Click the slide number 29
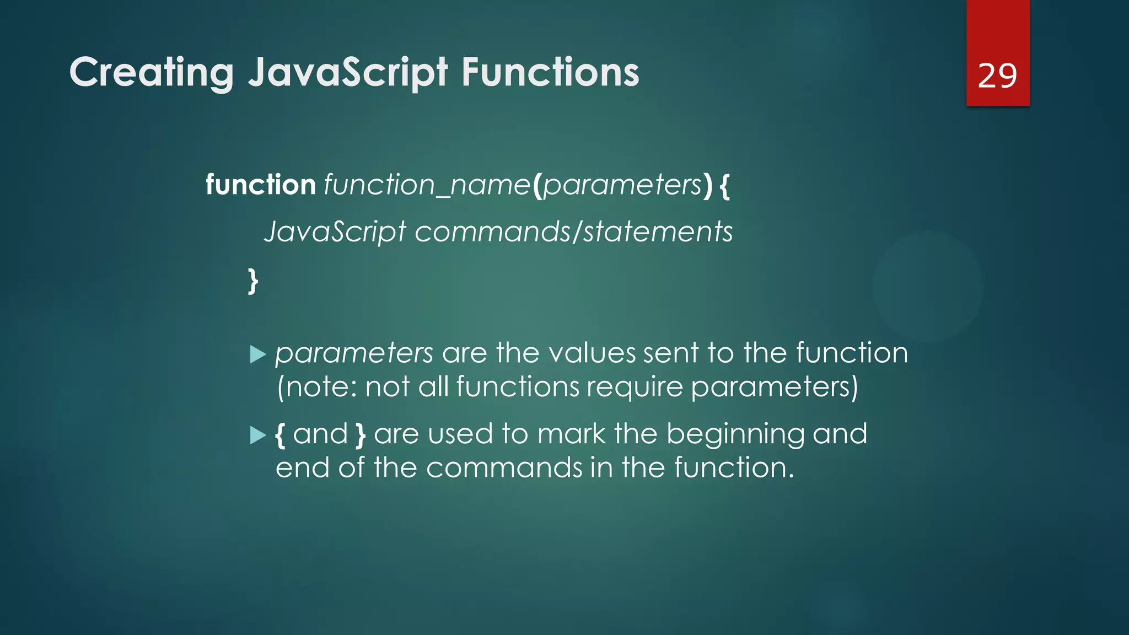tap(997, 76)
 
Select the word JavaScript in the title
tap(347, 73)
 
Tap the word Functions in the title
tap(550, 73)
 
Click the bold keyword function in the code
tap(260, 185)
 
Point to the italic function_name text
tap(427, 185)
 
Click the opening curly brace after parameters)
tap(724, 186)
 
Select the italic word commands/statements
tap(574, 232)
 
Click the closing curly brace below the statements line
tap(252, 281)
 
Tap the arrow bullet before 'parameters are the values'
tap(257, 354)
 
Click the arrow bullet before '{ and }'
tap(257, 435)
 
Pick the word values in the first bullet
tap(592, 353)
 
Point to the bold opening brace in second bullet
tap(280, 435)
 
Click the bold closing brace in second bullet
tap(361, 435)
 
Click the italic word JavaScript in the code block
tap(335, 232)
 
